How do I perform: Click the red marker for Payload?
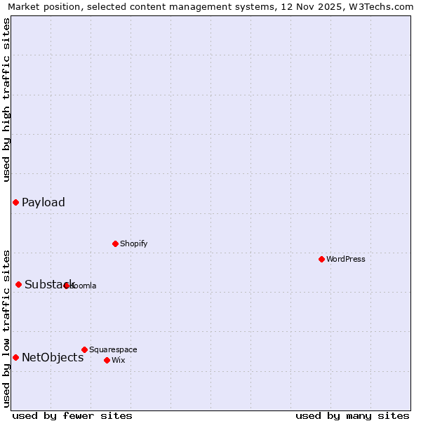point(15,203)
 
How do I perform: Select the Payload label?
point(44,203)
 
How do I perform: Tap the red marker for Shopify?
point(116,244)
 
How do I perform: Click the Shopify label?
point(133,244)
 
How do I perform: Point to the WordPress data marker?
point(322,260)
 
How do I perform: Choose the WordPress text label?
point(346,260)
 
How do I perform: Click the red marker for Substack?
point(19,285)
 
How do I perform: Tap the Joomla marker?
point(67,286)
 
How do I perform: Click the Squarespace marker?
point(85,350)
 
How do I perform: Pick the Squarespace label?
point(113,350)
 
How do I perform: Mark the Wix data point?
point(107,361)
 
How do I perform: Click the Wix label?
point(119,361)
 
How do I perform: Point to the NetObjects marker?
point(15,358)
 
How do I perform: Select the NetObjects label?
point(53,358)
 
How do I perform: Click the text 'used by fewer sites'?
point(72,416)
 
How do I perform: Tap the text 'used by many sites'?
point(352,416)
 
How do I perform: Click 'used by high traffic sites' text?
point(6,100)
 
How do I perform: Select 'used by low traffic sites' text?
point(6,328)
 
